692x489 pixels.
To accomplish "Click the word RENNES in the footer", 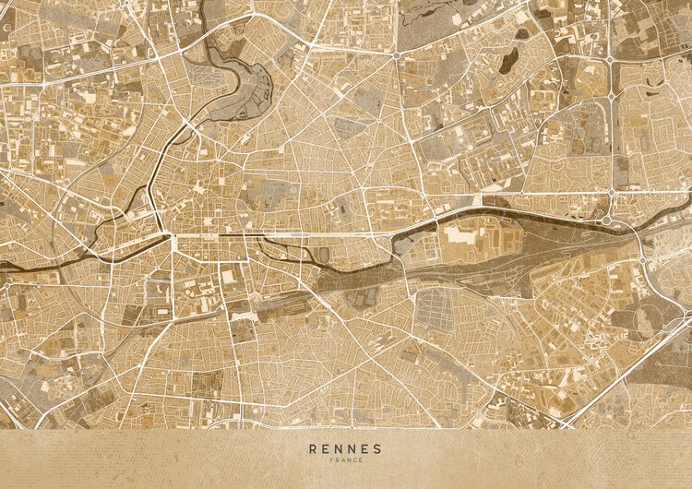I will (345, 448).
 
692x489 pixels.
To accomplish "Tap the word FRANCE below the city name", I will (345, 460).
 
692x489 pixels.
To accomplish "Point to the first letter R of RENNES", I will (313, 448).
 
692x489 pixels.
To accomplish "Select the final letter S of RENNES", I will (377, 448).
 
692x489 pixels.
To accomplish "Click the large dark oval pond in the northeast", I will (508, 62).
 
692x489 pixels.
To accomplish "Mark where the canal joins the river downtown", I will (172, 237).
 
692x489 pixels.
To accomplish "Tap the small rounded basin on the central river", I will (323, 254).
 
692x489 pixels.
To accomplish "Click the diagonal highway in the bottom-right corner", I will (627, 378).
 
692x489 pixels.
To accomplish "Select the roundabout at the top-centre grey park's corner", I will (397, 54).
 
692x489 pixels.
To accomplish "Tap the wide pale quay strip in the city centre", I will (221, 236).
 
